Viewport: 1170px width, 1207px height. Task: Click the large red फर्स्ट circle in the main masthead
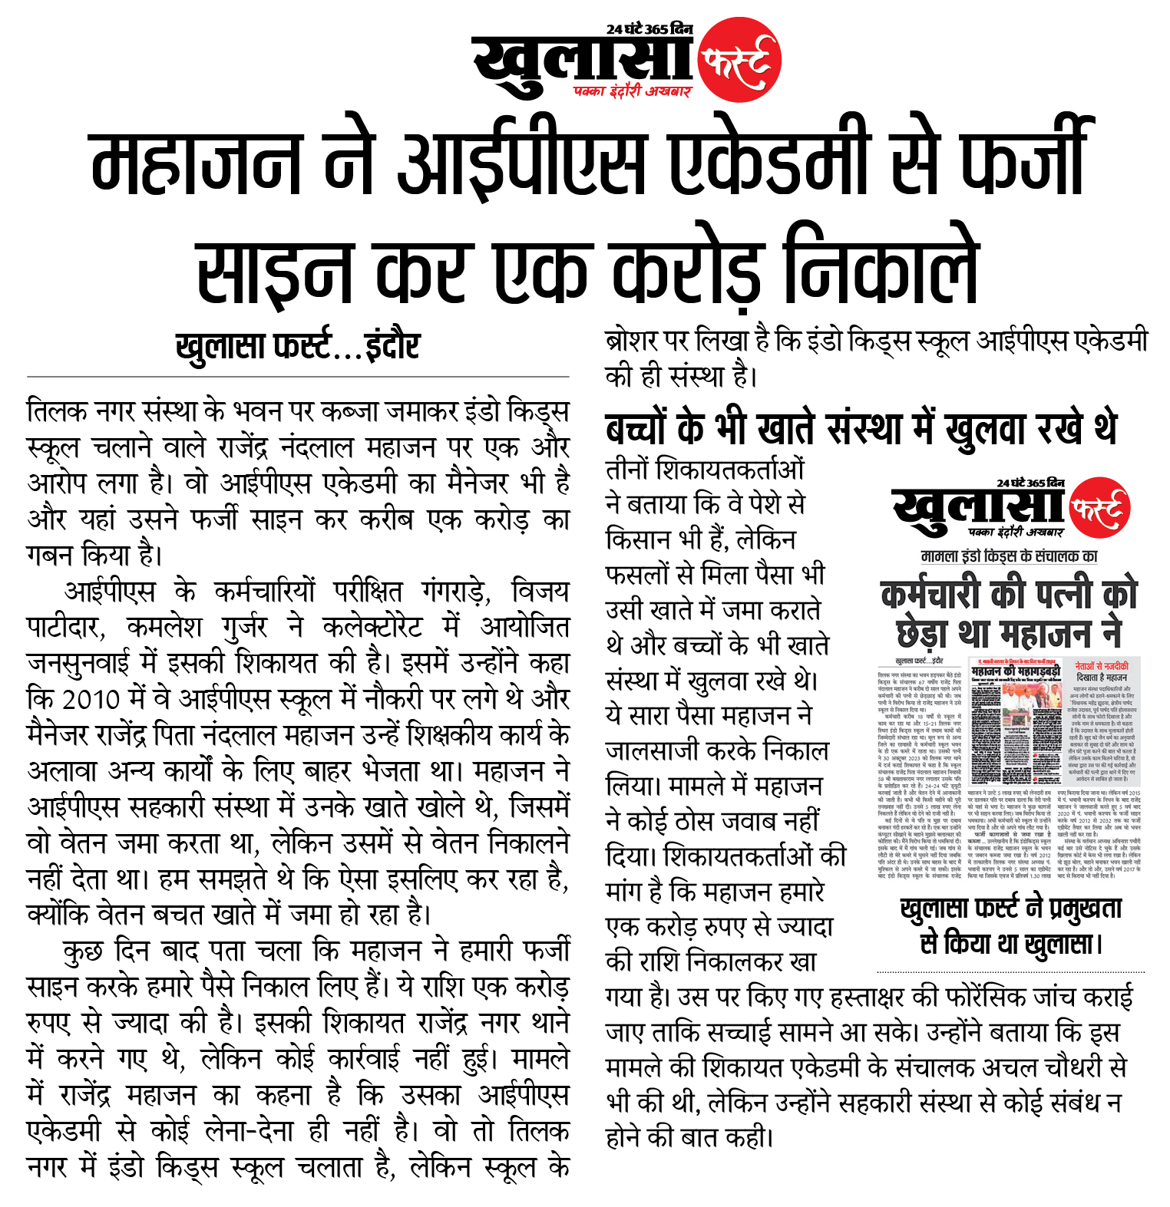[x=739, y=60]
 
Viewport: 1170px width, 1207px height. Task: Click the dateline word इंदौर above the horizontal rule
[x=392, y=346]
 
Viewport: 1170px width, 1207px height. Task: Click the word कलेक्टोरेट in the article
[x=372, y=628]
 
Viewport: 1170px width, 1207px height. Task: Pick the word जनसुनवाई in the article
[x=86, y=663]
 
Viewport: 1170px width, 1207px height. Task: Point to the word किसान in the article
[x=642, y=539]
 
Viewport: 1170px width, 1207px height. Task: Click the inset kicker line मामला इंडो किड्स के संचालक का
[x=1009, y=556]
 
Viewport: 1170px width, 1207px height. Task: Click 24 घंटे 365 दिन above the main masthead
[x=649, y=29]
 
